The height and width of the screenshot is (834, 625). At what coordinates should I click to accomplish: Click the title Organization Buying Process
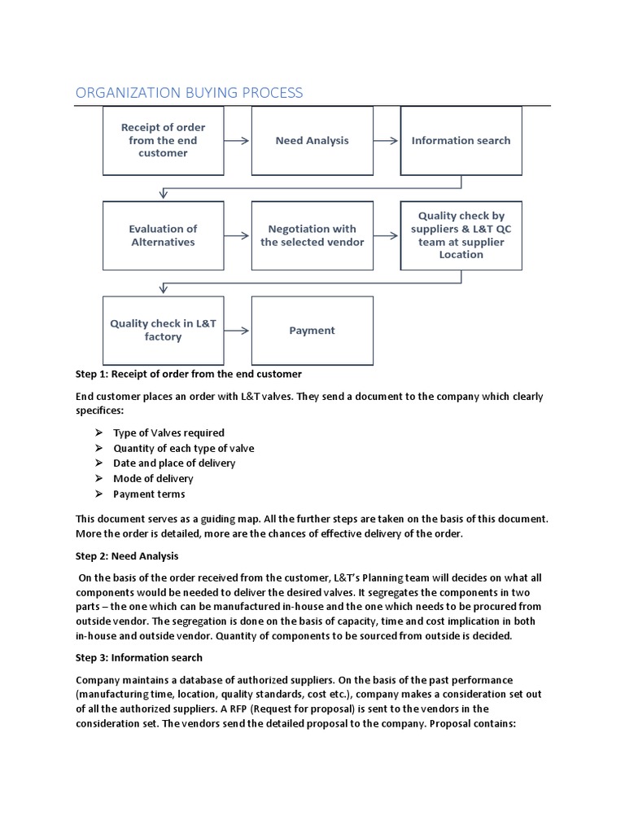(x=189, y=92)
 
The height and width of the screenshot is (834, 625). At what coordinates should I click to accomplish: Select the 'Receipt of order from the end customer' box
(x=163, y=140)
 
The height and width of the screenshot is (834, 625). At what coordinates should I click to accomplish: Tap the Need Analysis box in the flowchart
(x=312, y=140)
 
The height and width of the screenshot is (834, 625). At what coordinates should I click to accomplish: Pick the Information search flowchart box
(x=461, y=140)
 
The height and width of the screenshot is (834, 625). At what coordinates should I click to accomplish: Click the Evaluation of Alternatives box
(x=163, y=235)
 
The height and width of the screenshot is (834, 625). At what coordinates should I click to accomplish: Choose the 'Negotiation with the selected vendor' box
(x=312, y=235)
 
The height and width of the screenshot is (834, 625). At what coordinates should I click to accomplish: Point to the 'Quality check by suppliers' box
(x=461, y=235)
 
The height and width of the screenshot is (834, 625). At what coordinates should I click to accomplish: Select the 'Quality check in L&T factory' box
(x=163, y=330)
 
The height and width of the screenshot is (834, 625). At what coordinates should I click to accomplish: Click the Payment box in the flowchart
(x=312, y=330)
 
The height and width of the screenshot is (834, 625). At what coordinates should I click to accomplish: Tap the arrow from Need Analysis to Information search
(x=387, y=140)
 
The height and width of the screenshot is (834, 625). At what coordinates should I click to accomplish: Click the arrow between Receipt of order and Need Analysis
(x=237, y=140)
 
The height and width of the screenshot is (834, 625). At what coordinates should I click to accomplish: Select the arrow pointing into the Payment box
(x=237, y=331)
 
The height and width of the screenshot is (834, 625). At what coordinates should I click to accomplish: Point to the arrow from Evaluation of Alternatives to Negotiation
(x=237, y=235)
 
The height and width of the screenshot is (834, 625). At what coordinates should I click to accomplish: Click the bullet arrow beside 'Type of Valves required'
(x=98, y=432)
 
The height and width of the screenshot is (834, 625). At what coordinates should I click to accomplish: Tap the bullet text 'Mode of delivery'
(x=153, y=478)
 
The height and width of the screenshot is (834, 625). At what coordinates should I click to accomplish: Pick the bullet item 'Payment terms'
(x=149, y=494)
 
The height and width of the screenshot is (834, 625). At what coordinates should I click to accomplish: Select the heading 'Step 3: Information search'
(x=139, y=657)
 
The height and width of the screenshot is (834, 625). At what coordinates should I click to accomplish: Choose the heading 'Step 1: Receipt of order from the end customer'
(x=189, y=374)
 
